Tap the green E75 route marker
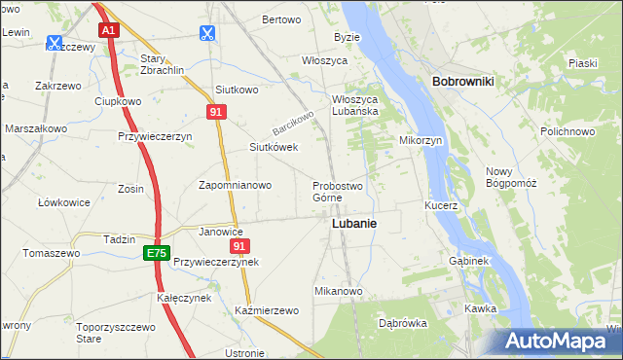pos(155,253)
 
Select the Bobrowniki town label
pos(462,82)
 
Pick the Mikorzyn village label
pos(421,140)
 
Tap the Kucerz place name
pos(441,206)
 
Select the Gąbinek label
pos(471,261)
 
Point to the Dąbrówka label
pos(402,323)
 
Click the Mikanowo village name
pos(338,291)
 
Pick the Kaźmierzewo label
pos(266,310)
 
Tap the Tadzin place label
pos(119,239)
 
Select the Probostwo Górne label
pos(337,192)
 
